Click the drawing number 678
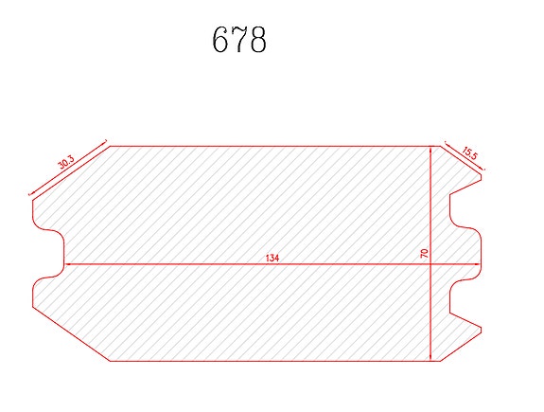point(239,39)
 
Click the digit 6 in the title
point(219,39)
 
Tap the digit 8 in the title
point(258,39)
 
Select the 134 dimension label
point(272,259)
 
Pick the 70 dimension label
point(424,253)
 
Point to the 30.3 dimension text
point(65,162)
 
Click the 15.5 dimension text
point(469,153)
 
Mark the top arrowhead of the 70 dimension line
point(430,149)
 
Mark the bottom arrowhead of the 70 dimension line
point(430,359)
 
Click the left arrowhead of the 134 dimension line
point(66,264)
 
